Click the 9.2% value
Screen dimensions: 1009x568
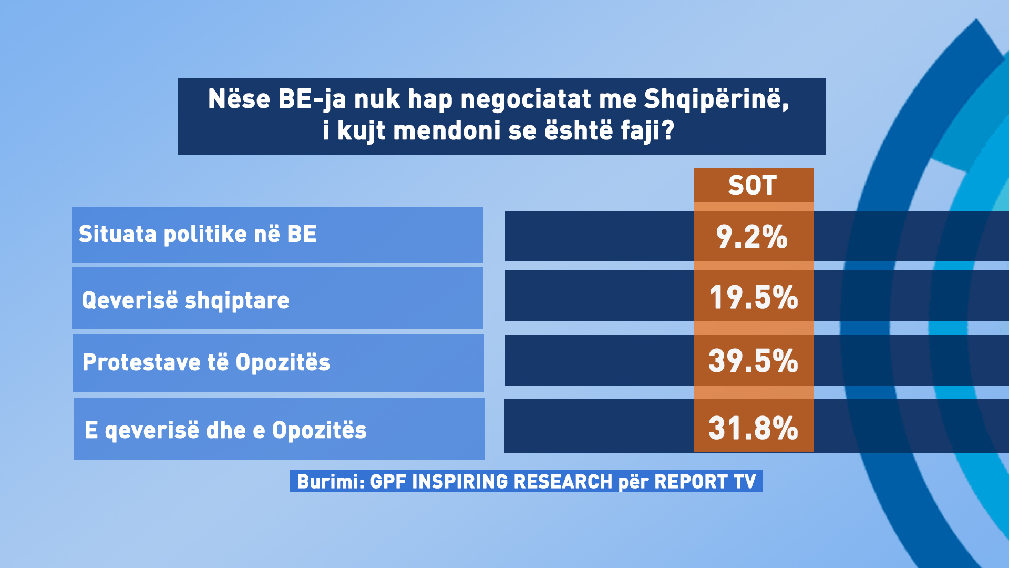point(752,237)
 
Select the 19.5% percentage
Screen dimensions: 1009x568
point(754,297)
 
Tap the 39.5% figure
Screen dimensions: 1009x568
point(754,361)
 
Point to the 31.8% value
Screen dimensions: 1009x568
point(754,428)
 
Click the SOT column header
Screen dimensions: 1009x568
point(753,185)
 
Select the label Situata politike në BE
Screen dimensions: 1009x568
point(198,235)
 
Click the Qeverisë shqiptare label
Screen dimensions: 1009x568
point(186,300)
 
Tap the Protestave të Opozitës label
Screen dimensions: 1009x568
point(207,362)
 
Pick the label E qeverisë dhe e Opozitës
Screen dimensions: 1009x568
point(225,430)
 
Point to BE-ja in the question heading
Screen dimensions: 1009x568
point(312,99)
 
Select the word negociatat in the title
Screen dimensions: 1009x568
point(526,99)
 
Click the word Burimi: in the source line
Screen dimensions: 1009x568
point(331,482)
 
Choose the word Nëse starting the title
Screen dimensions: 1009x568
point(239,99)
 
